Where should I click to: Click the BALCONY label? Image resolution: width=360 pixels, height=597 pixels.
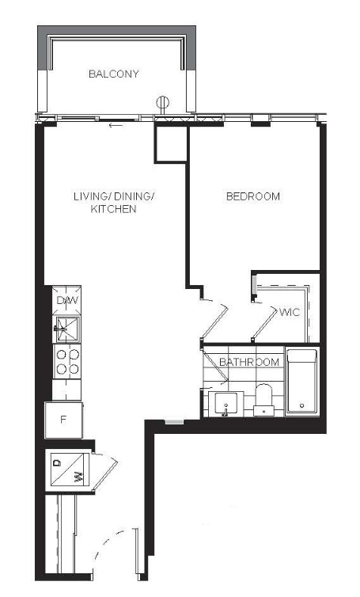point(113,74)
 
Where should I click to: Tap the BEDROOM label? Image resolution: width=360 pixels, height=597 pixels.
point(253,196)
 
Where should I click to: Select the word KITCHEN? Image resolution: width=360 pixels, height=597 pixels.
point(113,209)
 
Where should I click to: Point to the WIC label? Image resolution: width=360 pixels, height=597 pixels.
point(290,313)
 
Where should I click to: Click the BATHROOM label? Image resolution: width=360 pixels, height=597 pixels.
point(249,362)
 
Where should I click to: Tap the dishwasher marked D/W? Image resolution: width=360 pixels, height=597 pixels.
point(67,300)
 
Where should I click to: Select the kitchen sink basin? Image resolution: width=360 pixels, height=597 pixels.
point(67,329)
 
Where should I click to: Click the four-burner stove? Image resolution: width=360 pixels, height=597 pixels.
point(67,362)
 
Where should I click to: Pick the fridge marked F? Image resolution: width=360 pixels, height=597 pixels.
point(64,420)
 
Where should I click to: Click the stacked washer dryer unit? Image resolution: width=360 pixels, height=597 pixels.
point(68,470)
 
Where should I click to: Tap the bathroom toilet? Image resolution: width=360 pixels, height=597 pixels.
point(263,399)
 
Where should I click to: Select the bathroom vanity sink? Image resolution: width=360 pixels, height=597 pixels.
point(225,403)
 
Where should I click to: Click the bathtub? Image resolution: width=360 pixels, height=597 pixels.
point(301,381)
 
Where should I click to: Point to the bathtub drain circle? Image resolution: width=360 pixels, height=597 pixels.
point(301,406)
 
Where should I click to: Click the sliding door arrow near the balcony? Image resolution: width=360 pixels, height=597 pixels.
point(116,125)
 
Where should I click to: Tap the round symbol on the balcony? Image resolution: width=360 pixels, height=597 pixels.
point(163,103)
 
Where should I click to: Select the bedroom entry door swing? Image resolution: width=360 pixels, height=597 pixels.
point(214,321)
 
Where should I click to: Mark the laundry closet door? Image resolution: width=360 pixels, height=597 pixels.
point(105,471)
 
